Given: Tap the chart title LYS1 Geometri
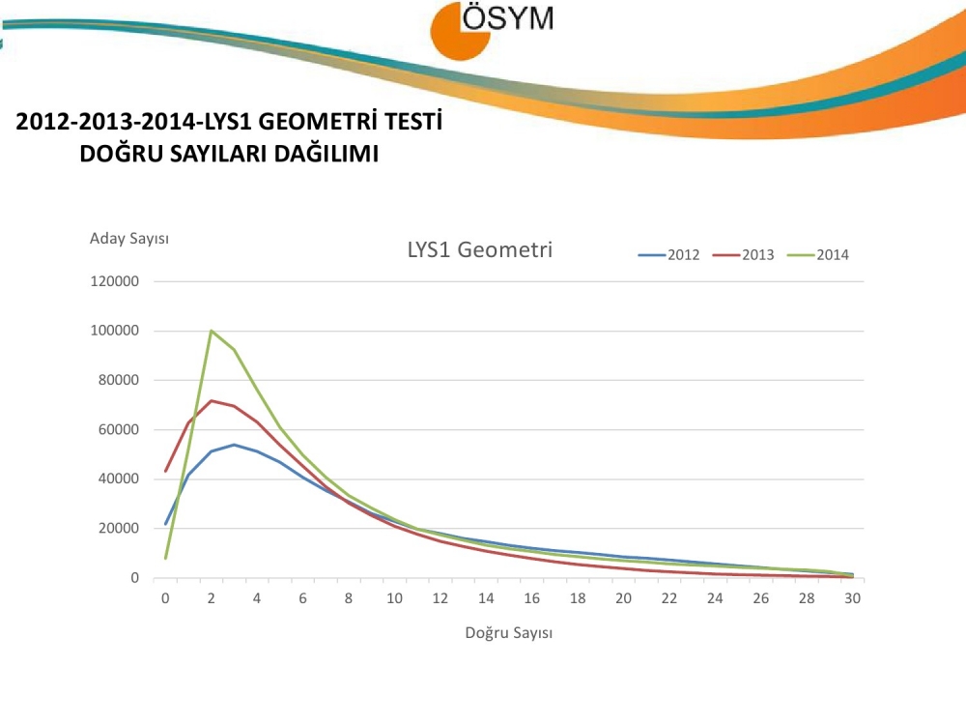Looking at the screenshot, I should [x=479, y=249].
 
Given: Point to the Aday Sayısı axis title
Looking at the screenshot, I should [x=129, y=238].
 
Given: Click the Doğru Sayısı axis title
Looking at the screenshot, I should [x=508, y=633].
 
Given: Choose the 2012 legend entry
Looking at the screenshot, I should [x=668, y=255].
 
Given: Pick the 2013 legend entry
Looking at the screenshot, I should [x=743, y=255].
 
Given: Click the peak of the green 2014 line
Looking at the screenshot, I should [x=212, y=331].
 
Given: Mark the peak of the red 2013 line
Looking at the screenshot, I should [x=212, y=400].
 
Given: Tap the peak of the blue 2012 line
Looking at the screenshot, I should [x=235, y=445].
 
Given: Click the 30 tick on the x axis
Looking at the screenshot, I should [x=852, y=598].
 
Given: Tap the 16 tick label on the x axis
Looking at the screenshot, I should [x=531, y=598].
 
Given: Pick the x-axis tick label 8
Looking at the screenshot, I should [x=349, y=598].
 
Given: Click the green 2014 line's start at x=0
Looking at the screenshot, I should [x=166, y=558].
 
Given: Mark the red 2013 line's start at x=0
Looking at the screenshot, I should [x=166, y=471].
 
